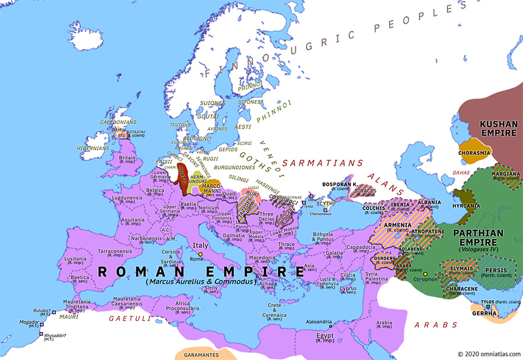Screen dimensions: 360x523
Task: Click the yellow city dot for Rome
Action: coord(200,254)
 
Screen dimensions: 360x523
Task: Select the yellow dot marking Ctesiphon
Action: coord(425,274)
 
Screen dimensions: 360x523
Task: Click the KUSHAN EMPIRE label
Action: coord(491,128)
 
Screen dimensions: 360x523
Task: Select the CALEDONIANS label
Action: coord(118,123)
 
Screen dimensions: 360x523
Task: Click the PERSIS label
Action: coord(497,269)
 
